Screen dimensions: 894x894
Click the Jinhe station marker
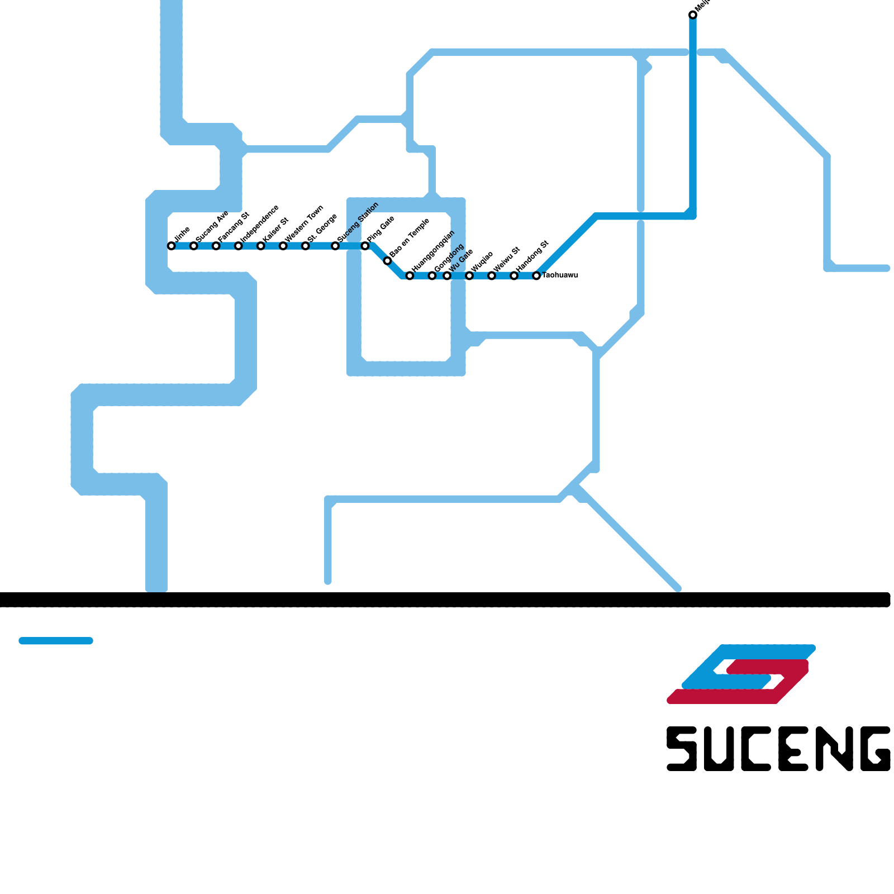pos(172,246)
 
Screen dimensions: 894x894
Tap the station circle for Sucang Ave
pos(194,246)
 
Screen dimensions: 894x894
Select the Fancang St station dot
pos(216,246)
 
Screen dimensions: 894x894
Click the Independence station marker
pos(239,246)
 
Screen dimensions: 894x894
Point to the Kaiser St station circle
pos(261,246)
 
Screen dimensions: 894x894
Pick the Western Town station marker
pos(283,246)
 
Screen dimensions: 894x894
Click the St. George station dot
pos(306,246)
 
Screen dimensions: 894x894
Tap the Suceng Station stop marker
pos(335,246)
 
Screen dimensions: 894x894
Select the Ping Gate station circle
pos(365,246)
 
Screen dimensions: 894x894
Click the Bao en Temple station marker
pos(387,261)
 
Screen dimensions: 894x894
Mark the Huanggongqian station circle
pos(410,275)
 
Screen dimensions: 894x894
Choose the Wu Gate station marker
pos(447,275)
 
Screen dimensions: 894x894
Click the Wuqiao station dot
pos(469,275)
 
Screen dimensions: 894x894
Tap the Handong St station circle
pos(514,275)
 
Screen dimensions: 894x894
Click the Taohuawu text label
pos(560,275)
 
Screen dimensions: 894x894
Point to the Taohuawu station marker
pos(536,275)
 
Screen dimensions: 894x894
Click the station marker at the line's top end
pos(693,15)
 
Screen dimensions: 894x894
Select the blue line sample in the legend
pos(56,641)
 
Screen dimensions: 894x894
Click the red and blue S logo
pos(741,674)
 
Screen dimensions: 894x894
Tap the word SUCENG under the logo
pos(778,749)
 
